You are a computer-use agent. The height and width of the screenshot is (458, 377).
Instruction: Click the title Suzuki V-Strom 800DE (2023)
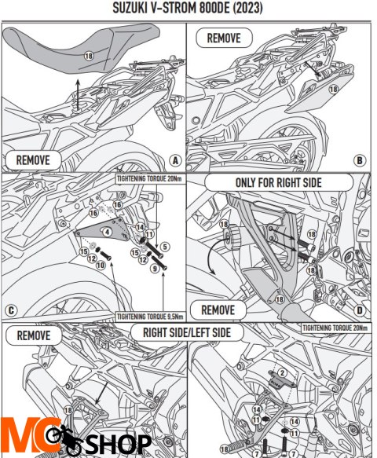(188, 8)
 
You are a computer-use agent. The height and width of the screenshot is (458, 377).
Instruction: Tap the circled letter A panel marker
(175, 160)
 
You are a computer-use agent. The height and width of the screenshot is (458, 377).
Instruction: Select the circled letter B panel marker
(360, 160)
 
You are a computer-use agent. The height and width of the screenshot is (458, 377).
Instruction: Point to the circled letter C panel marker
(11, 310)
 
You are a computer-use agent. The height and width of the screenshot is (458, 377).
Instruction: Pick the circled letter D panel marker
(360, 310)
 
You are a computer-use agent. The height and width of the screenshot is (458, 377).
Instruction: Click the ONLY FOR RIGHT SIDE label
(279, 182)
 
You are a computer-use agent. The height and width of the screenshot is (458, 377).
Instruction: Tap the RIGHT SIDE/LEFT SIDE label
(187, 332)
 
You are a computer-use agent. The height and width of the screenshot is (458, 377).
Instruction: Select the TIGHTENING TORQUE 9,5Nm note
(150, 317)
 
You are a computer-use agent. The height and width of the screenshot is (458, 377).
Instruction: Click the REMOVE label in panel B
(224, 38)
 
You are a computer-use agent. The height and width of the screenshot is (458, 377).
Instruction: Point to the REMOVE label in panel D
(218, 310)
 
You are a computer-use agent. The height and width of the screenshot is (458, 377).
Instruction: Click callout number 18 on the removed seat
(89, 56)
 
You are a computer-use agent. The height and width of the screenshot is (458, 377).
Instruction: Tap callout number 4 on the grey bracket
(108, 232)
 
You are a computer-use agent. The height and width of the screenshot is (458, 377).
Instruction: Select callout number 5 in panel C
(165, 247)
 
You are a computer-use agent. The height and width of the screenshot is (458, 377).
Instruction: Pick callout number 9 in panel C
(155, 268)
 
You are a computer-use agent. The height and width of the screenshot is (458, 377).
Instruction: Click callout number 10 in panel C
(101, 266)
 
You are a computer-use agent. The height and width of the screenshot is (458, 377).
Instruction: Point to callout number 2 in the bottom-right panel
(282, 372)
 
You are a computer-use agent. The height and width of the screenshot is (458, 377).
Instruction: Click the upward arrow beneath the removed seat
(78, 94)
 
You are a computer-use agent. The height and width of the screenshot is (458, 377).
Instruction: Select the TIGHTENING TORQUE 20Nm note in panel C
(149, 179)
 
